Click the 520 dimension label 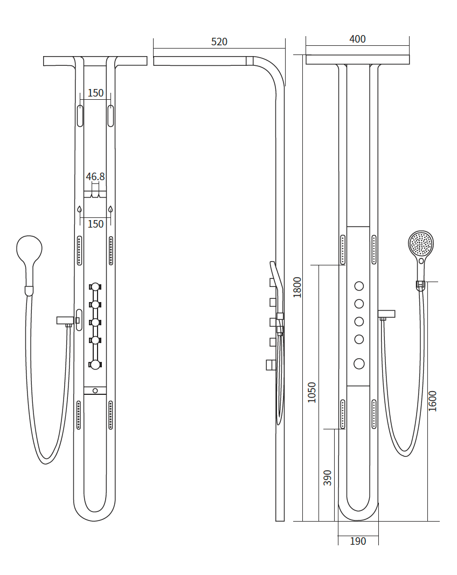coord(219,42)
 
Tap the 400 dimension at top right coord(357,39)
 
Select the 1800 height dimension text coord(297,287)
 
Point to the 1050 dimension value coord(311,392)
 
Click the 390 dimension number coord(327,478)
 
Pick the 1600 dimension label coord(432,401)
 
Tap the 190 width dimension coord(358,541)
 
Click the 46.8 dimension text coord(95,177)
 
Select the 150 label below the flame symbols coord(95,224)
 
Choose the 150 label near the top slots coord(95,93)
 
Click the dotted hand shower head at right coord(421,243)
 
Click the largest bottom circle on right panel coord(359,364)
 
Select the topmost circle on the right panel coord(359,286)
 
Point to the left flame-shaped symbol coord(80,209)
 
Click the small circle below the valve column coord(95,391)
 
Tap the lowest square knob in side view coord(271,365)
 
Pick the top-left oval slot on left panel coord(80,116)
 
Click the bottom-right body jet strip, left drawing coord(110,415)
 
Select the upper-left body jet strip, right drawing coord(343,250)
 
